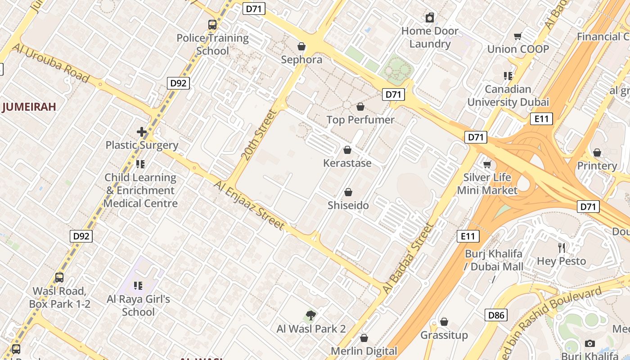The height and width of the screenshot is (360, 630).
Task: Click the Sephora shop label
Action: (301, 59)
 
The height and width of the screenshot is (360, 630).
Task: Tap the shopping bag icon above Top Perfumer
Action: (360, 107)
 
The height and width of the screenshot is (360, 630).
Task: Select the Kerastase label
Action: (347, 163)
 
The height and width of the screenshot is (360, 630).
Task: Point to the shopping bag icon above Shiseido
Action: (348, 193)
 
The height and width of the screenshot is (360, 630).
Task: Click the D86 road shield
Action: (496, 315)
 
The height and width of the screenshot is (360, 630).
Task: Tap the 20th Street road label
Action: (258, 135)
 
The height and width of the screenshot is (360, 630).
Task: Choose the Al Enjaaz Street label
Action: (249, 205)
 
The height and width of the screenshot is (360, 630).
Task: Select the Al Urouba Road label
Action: (50, 63)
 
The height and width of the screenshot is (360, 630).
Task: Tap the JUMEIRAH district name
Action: (29, 107)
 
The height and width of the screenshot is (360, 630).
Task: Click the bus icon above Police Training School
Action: (212, 25)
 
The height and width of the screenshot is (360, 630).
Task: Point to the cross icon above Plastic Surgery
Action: (141, 132)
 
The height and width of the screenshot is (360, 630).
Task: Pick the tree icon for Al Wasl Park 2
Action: (310, 315)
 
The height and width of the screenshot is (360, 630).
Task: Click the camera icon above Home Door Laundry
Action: (430, 18)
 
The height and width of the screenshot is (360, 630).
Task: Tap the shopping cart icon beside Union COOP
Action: (518, 36)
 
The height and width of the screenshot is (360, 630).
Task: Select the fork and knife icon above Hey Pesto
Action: (561, 247)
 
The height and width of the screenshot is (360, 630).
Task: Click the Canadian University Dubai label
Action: (508, 95)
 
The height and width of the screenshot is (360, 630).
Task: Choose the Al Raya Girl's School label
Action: (138, 305)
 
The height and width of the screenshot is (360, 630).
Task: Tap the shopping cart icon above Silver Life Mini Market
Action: (487, 164)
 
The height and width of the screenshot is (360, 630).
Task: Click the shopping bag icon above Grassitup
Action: (444, 322)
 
